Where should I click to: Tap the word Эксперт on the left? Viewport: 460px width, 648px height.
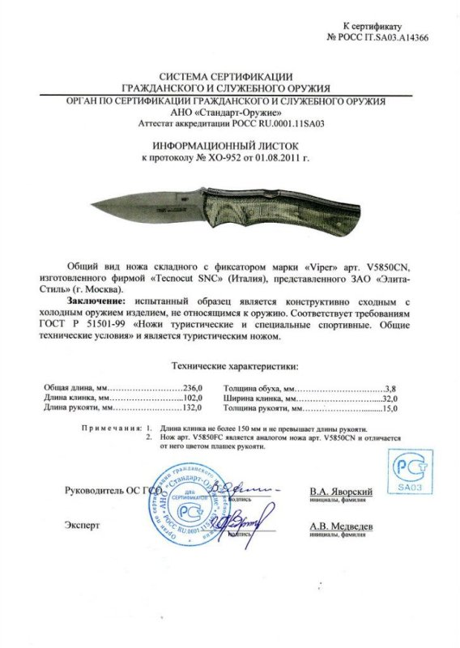tap(83, 525)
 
